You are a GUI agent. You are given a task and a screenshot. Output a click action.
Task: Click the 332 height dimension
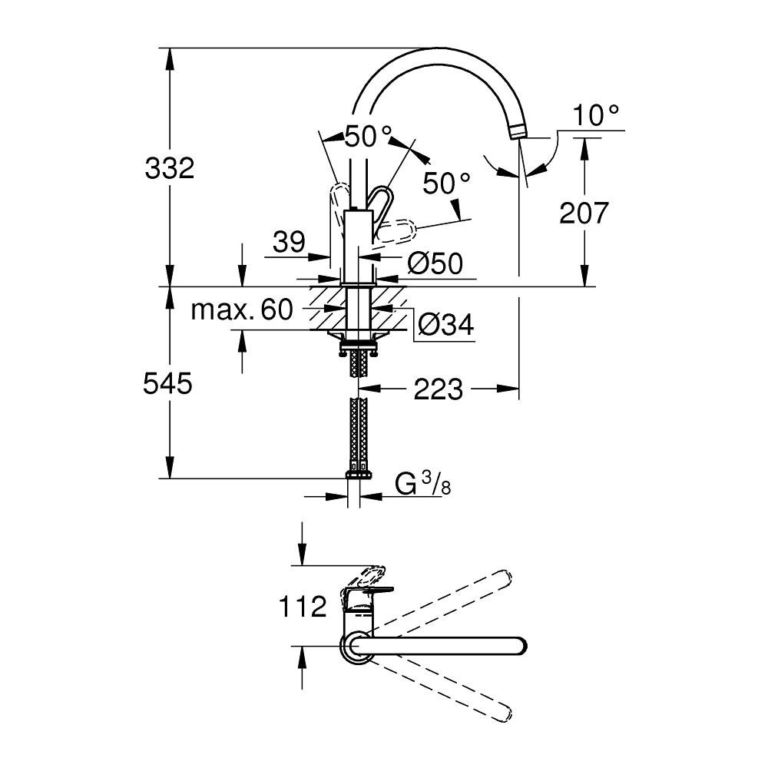click(x=170, y=168)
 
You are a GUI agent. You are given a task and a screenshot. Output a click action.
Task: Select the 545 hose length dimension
click(x=167, y=383)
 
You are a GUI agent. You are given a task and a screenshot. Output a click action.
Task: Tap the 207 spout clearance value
click(x=584, y=213)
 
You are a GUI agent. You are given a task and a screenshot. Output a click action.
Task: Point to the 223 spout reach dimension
click(x=439, y=389)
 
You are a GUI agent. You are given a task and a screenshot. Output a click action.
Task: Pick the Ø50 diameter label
click(x=435, y=264)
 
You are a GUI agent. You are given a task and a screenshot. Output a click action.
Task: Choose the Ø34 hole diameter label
click(x=446, y=324)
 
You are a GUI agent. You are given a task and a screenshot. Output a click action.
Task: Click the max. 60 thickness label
click(x=242, y=309)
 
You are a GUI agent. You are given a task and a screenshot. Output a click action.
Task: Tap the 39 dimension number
click(x=289, y=241)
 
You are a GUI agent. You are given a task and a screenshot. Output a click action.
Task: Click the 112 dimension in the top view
click(x=302, y=607)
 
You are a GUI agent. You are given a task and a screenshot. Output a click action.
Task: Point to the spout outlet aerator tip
click(x=518, y=132)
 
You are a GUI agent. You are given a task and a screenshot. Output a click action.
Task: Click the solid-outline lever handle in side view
click(x=381, y=205)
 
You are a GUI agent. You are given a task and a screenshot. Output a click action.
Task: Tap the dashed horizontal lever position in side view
click(x=398, y=231)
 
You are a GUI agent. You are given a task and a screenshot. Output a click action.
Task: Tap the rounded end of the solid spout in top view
click(x=520, y=646)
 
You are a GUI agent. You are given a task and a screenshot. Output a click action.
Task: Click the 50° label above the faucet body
click(x=369, y=136)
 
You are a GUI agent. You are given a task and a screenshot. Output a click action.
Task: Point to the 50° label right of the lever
click(x=447, y=184)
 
